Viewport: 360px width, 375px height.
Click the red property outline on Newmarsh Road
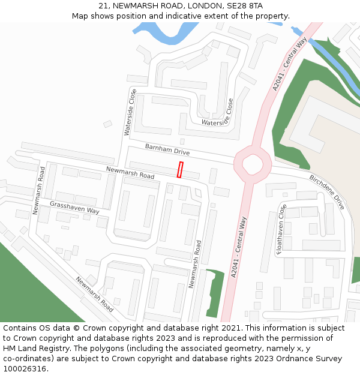click(x=180, y=170)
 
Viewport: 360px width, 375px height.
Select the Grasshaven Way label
click(x=74, y=208)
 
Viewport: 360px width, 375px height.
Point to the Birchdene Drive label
click(x=327, y=191)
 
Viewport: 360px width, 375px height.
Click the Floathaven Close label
click(x=281, y=230)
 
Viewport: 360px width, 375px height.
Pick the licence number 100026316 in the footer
click(x=23, y=369)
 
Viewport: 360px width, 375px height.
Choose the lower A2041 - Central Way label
click(x=238, y=247)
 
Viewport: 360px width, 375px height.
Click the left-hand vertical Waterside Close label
click(x=130, y=112)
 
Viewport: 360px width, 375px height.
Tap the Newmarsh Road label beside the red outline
click(x=130, y=173)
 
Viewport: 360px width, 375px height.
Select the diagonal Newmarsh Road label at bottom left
click(x=94, y=294)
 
